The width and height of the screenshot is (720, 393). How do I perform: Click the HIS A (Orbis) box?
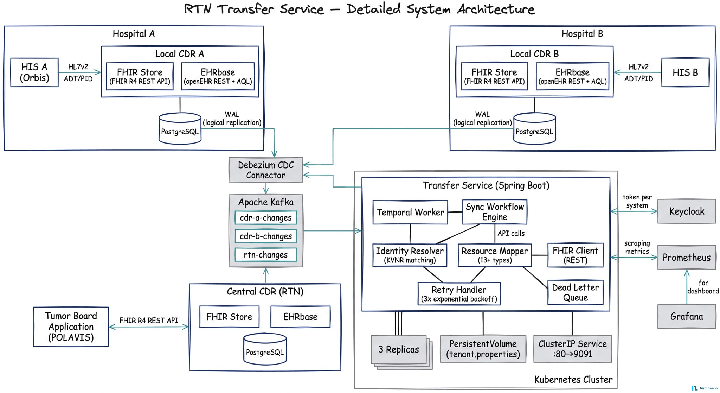click(x=34, y=72)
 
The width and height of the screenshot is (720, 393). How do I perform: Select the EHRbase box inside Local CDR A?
click(x=218, y=76)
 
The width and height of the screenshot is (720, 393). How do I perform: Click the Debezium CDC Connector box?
click(x=265, y=170)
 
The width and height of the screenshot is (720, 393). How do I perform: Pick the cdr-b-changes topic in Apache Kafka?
click(x=265, y=236)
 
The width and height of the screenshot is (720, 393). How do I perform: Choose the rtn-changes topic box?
click(x=265, y=255)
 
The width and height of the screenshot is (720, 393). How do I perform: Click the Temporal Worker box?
click(x=410, y=212)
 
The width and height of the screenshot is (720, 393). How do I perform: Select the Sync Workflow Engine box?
click(x=494, y=212)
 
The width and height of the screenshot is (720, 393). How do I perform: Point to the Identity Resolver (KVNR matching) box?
click(x=410, y=255)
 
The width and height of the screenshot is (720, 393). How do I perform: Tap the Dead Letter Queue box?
click(x=575, y=292)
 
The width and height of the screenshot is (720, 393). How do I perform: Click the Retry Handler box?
click(x=459, y=294)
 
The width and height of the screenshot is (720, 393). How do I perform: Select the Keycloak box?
click(x=686, y=211)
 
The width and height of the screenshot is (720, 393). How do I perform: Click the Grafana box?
click(x=686, y=316)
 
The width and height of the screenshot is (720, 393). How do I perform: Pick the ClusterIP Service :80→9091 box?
click(x=572, y=349)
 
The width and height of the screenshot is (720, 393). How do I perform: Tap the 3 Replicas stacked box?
click(x=399, y=349)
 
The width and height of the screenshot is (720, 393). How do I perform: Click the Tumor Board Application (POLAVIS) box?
click(x=71, y=327)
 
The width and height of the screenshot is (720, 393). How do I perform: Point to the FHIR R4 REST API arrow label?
click(x=148, y=321)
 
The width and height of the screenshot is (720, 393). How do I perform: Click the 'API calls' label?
click(x=511, y=233)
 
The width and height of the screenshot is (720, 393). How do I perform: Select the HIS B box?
click(x=685, y=72)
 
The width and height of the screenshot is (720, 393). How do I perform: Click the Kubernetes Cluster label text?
click(x=573, y=380)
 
